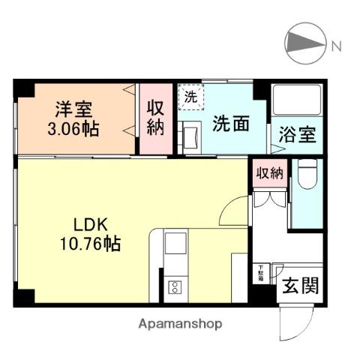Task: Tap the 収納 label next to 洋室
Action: click(x=155, y=117)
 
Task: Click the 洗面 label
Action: click(x=229, y=124)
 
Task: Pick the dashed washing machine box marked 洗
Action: click(x=190, y=97)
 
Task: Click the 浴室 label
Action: click(x=298, y=137)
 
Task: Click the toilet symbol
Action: click(x=305, y=178)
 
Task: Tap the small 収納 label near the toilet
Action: click(x=269, y=173)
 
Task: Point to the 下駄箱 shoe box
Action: click(x=260, y=271)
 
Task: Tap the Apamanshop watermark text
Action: click(x=180, y=324)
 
